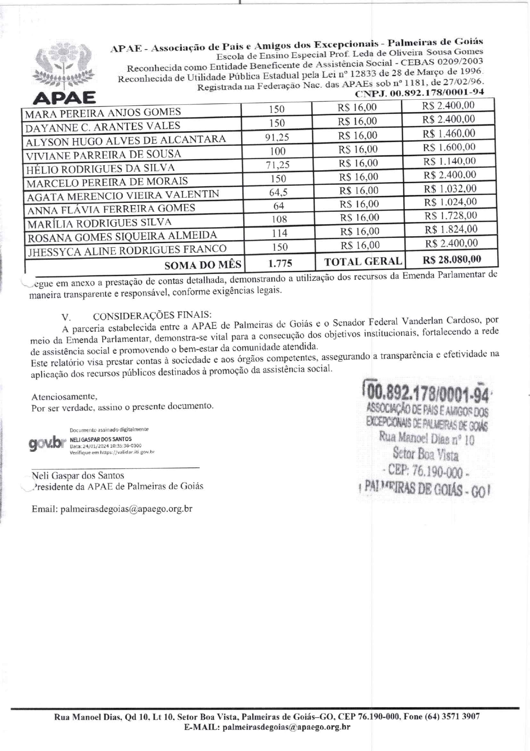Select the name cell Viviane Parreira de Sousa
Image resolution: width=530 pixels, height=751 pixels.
pyautogui.click(x=103, y=154)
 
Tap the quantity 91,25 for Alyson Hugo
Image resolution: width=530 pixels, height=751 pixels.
pyautogui.click(x=277, y=137)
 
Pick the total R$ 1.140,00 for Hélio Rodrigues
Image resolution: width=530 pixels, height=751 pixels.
pyautogui.click(x=449, y=161)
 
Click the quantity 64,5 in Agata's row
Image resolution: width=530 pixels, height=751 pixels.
pyautogui.click(x=278, y=192)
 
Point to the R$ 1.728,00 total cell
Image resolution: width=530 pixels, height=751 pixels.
pyautogui.click(x=450, y=216)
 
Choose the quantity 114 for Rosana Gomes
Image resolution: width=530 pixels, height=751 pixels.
pyautogui.click(x=279, y=233)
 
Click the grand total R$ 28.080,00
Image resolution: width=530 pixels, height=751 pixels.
pyautogui.click(x=452, y=259)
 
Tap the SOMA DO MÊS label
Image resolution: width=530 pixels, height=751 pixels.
pyautogui.click(x=203, y=265)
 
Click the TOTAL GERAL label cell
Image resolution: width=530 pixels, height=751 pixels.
pyautogui.click(x=363, y=261)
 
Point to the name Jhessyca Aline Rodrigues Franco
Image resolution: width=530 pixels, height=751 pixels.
pyautogui.click(x=127, y=250)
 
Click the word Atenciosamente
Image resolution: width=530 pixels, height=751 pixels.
pyautogui.click(x=64, y=397)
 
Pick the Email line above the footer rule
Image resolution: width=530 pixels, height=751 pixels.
pyautogui.click(x=112, y=509)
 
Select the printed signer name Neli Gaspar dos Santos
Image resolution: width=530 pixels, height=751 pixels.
pyautogui.click(x=78, y=475)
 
